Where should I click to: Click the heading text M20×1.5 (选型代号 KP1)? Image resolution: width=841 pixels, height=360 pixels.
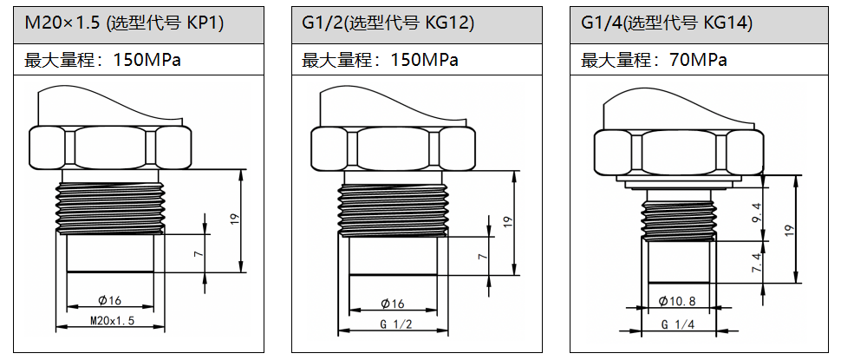[x=125, y=23]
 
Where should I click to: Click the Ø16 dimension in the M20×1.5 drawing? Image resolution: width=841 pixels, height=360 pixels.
[x=110, y=300]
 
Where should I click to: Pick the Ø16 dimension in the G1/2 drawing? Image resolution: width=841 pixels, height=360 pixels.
[x=393, y=304]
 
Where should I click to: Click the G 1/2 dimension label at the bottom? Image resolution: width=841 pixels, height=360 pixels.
[x=394, y=324]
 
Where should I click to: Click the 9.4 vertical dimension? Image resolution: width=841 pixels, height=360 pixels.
[x=756, y=211]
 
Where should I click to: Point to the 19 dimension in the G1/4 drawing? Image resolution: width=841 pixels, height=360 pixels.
[x=789, y=230]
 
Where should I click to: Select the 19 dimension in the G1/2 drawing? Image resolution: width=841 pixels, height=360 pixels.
[x=509, y=221]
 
